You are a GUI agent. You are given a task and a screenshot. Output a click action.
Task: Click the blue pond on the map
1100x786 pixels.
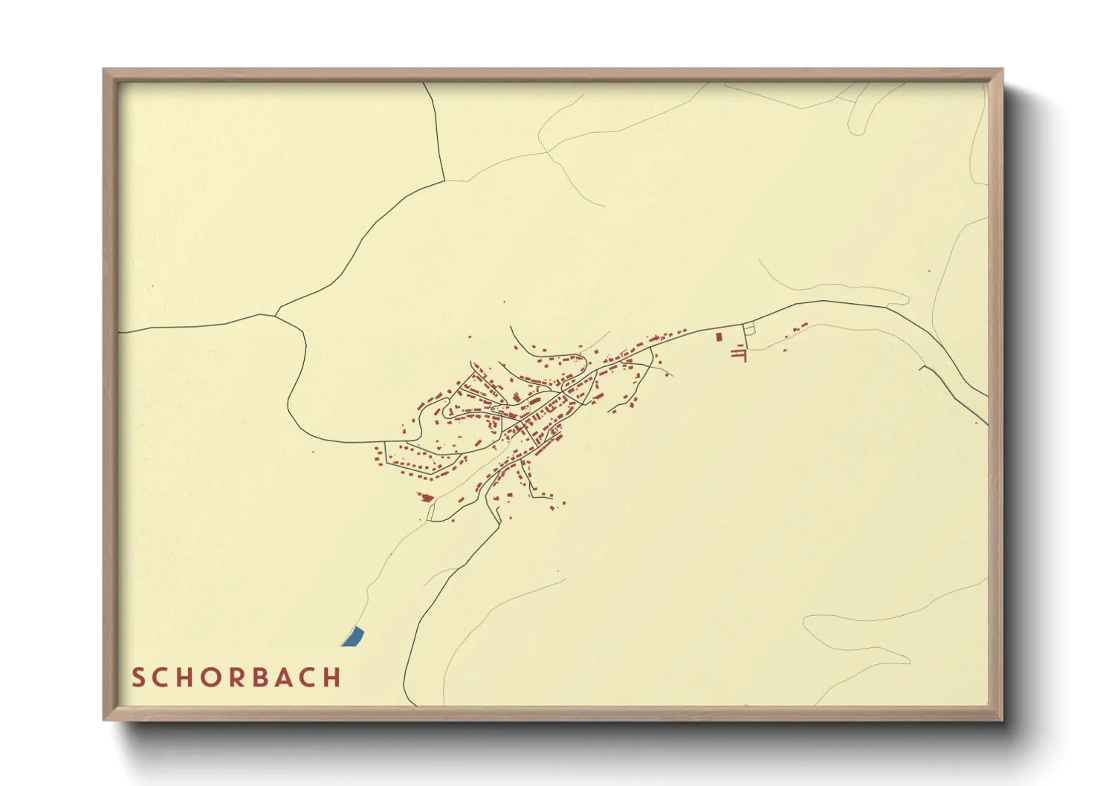pyautogui.click(x=353, y=637)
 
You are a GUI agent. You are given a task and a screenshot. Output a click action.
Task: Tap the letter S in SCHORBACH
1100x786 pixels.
pyautogui.click(x=139, y=678)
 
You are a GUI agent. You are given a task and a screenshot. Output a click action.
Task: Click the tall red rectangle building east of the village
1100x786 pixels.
pyautogui.click(x=719, y=337)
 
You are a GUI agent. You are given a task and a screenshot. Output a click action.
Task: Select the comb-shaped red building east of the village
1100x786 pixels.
pyautogui.click(x=740, y=354)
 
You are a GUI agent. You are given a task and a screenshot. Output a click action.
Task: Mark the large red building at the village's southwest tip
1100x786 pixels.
pyautogui.click(x=427, y=498)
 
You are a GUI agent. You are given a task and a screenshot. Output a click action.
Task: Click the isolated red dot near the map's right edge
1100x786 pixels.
pyautogui.click(x=977, y=423)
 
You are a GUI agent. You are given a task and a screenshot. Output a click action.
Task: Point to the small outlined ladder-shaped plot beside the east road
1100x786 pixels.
pyautogui.click(x=749, y=328)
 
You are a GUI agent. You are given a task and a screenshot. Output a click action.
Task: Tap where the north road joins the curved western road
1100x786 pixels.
pyautogui.click(x=444, y=181)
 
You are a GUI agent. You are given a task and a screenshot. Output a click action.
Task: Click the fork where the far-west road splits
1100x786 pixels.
pyautogui.click(x=275, y=316)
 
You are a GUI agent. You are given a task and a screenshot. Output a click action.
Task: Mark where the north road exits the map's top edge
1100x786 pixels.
pyautogui.click(x=424, y=83)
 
